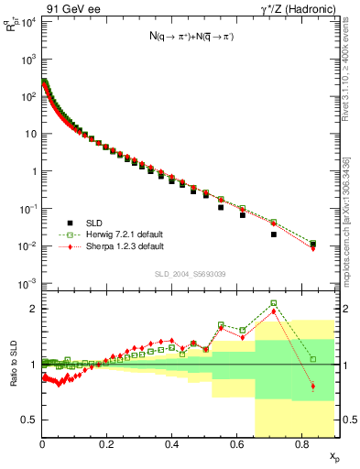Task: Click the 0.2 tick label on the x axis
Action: coord(107,446)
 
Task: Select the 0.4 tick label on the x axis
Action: coord(172,446)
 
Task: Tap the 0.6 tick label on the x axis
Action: coord(237,446)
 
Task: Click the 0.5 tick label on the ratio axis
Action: coord(29,420)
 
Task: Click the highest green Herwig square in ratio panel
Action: coord(274,303)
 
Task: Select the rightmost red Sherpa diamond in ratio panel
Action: coord(313,387)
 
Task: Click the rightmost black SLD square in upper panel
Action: coord(313,244)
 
